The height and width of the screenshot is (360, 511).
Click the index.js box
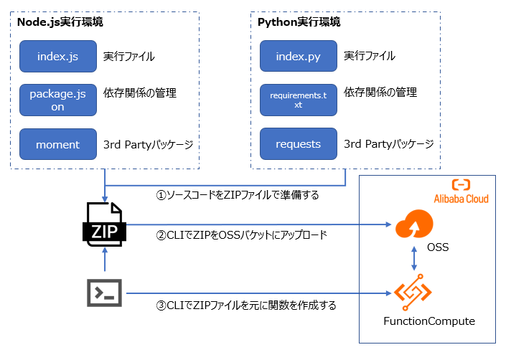57,56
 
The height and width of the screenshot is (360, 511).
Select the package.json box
57,100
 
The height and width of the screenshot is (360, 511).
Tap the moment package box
57,144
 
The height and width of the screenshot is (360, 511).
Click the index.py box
298,56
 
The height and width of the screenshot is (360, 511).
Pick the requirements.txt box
298,100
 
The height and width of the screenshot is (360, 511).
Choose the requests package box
298,144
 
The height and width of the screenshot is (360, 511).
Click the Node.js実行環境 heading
60,22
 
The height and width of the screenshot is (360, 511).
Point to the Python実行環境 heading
299,22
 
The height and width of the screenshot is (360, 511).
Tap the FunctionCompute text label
428,321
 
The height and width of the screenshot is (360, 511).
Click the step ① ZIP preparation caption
237,194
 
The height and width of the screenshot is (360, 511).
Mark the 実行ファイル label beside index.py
369,56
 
